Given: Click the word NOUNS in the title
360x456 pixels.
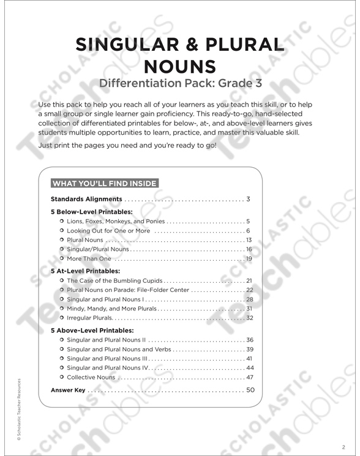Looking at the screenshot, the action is pyautogui.click(x=180, y=65).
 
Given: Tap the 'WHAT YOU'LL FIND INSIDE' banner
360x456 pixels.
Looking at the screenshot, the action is pyautogui.click(x=105, y=183).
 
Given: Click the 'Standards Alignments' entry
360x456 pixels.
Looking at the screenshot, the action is pyautogui.click(x=86, y=199).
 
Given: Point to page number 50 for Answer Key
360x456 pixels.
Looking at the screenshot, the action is pyautogui.click(x=250, y=390).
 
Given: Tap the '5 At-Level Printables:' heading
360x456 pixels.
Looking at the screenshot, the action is pyautogui.click(x=85, y=270).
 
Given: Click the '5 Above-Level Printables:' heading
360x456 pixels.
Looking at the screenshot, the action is pyautogui.click(x=91, y=330).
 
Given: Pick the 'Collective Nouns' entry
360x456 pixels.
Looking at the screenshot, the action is pyautogui.click(x=92, y=378).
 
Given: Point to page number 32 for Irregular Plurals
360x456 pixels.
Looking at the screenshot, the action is pyautogui.click(x=250, y=318).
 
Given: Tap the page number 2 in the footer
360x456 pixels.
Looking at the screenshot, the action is pyautogui.click(x=344, y=446).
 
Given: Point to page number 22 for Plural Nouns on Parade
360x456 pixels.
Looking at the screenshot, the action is pyautogui.click(x=250, y=290).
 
